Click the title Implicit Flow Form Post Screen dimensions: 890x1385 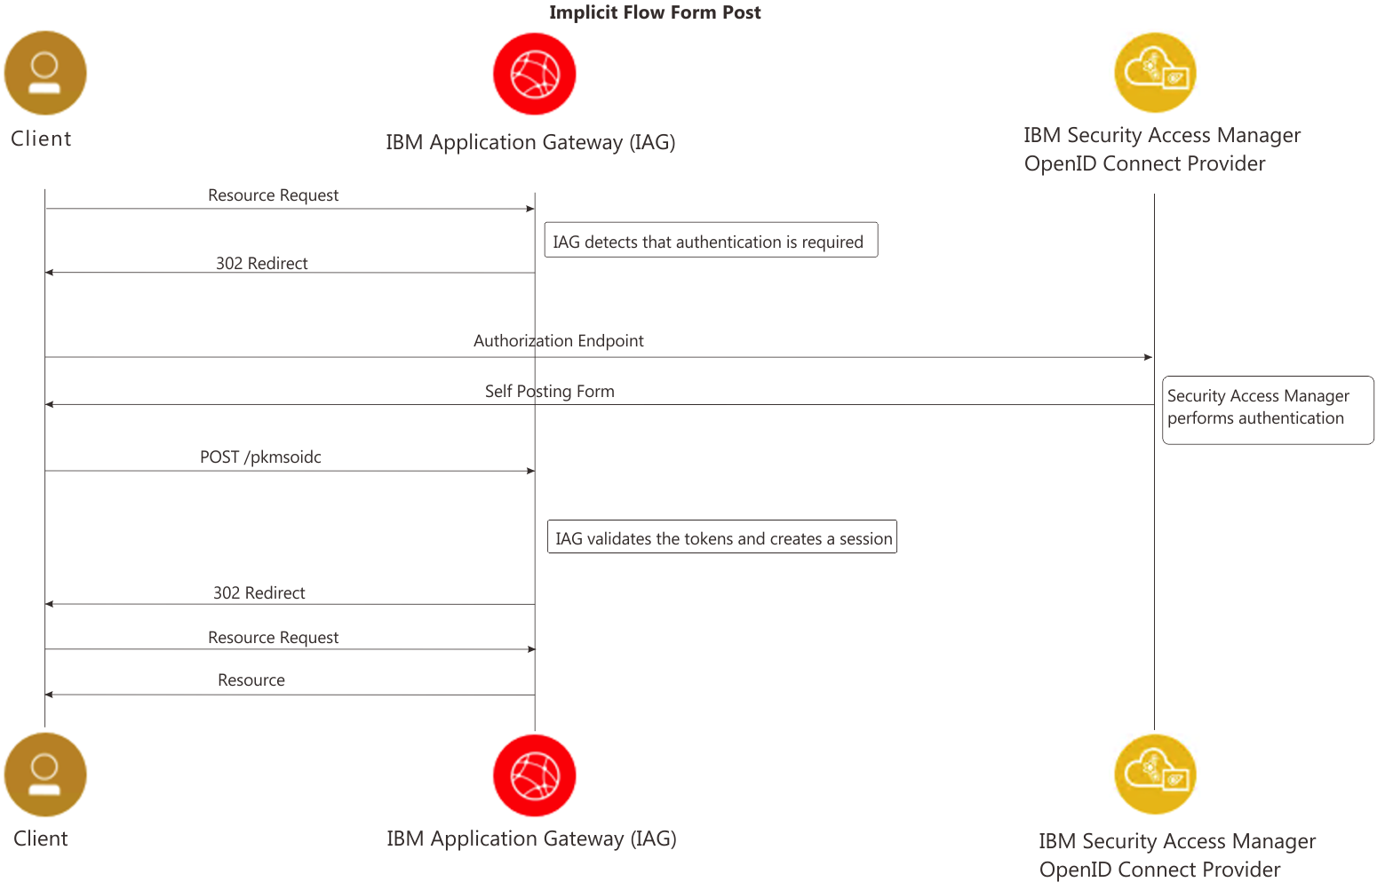click(655, 12)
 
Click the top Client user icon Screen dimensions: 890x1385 click(45, 73)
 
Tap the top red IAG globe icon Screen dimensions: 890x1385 click(534, 74)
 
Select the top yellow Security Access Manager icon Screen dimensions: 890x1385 click(1155, 73)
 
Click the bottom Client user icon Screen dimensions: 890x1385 click(45, 774)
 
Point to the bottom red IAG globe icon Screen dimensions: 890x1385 click(534, 775)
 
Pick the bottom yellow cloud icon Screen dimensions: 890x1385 click(1155, 774)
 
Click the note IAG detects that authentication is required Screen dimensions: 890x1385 click(710, 241)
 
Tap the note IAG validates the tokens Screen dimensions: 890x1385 click(722, 537)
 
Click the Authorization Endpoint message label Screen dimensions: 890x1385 click(558, 341)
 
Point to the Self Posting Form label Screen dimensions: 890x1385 click(549, 391)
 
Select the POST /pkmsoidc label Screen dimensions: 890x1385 click(260, 457)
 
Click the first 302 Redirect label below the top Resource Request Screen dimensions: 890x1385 click(261, 263)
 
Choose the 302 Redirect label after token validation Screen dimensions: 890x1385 click(259, 592)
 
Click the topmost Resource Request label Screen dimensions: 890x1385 click(273, 195)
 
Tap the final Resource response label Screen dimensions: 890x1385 click(251, 679)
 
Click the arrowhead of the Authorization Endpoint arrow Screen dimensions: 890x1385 click(1148, 357)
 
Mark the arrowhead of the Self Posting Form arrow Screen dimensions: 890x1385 click(50, 404)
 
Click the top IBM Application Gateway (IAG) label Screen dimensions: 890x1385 click(530, 142)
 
